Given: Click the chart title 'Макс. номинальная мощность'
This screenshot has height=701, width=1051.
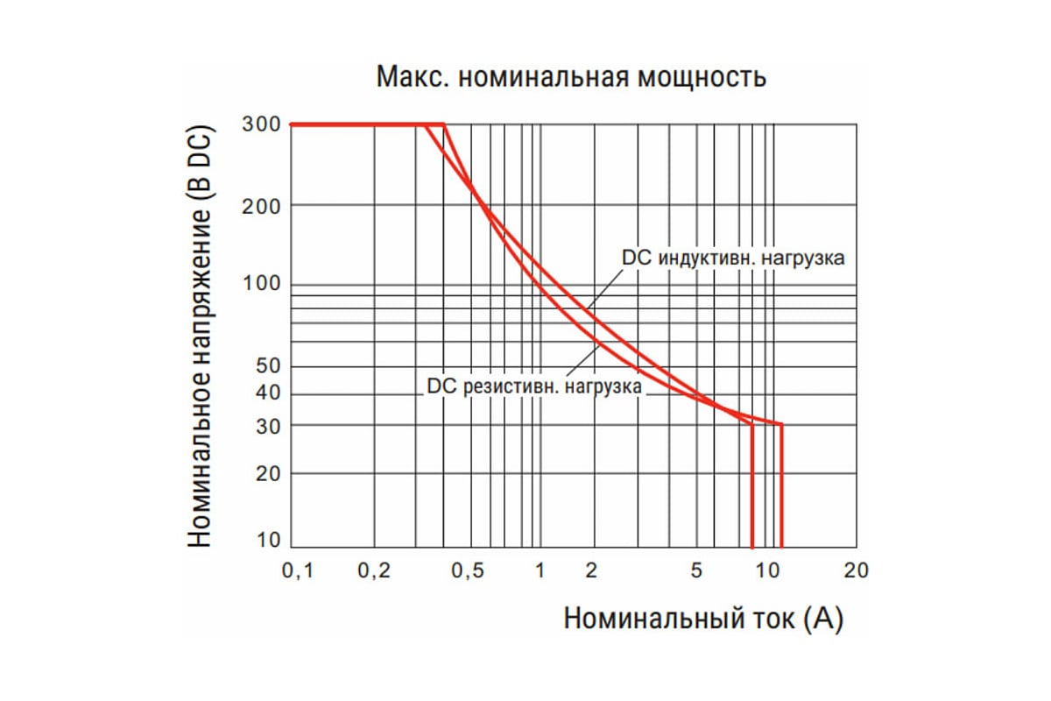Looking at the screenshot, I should [x=571, y=77].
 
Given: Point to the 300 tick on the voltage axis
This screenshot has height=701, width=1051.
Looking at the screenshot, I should [x=260, y=124].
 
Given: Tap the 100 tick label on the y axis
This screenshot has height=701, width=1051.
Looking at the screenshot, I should [x=260, y=285].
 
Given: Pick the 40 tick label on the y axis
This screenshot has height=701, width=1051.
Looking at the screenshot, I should [x=265, y=393].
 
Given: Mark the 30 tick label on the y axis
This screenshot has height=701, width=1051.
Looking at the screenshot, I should [x=265, y=425].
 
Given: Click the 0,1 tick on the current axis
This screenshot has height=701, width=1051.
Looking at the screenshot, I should [x=298, y=570].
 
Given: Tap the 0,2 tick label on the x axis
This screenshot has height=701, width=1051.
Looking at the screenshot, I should [x=374, y=570].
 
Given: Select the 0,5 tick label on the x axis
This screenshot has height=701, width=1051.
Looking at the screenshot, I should [x=468, y=570].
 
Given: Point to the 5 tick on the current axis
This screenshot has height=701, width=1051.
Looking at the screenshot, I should [x=696, y=570].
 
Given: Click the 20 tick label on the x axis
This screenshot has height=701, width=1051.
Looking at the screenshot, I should [x=855, y=570].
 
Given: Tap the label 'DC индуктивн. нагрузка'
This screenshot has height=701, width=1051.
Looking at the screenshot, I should [x=733, y=259].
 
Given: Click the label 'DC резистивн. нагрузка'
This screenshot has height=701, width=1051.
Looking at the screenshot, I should [x=534, y=386].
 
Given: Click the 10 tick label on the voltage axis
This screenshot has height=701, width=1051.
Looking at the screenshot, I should [x=265, y=541].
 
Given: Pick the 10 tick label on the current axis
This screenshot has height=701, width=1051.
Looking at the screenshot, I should [x=768, y=570].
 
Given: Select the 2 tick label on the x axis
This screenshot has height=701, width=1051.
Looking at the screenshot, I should [x=591, y=570].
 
